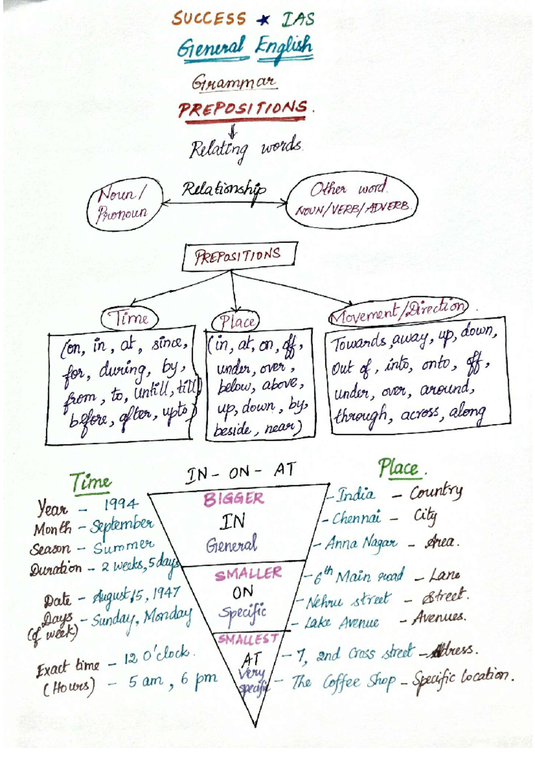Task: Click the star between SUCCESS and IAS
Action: [264, 20]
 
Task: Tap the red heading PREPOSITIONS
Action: [243, 109]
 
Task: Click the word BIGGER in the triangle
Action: [234, 499]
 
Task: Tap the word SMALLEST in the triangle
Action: [248, 639]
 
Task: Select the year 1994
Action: [121, 504]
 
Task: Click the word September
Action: [122, 525]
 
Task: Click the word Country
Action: [436, 492]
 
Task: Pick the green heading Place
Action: [399, 469]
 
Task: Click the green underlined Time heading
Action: [91, 482]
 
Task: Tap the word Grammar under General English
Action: [234, 82]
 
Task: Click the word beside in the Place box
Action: [232, 430]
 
